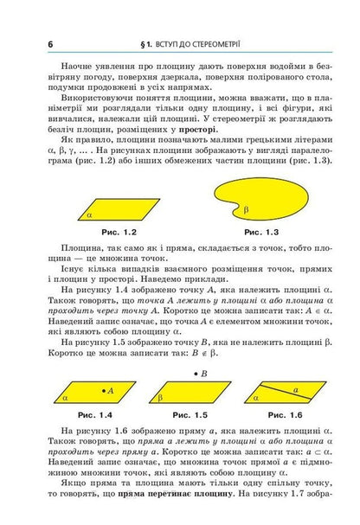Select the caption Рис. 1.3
pos(261,233)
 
